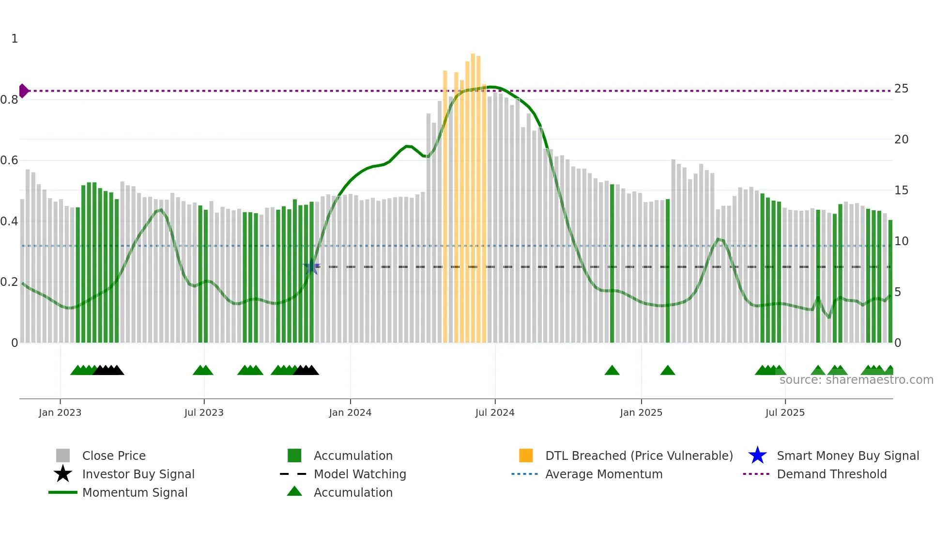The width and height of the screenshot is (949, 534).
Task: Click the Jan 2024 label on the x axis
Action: (x=350, y=413)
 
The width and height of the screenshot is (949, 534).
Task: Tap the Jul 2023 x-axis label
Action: (x=204, y=413)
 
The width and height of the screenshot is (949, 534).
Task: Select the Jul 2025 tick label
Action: (x=785, y=413)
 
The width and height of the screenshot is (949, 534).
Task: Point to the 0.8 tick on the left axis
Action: (x=10, y=100)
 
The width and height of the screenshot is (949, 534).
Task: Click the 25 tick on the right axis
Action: (x=901, y=89)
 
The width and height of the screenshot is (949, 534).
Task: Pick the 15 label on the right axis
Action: (x=901, y=190)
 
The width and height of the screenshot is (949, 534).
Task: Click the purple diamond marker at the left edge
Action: (x=23, y=91)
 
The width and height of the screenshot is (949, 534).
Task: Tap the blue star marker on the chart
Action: (x=311, y=267)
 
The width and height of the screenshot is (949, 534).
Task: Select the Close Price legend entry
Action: (x=113, y=456)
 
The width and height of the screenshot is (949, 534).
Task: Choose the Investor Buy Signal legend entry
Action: (x=138, y=474)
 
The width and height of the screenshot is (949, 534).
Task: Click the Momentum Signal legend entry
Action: (x=135, y=493)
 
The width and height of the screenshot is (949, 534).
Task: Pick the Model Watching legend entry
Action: (x=360, y=474)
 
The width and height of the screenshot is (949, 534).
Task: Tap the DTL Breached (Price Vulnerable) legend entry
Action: (x=639, y=456)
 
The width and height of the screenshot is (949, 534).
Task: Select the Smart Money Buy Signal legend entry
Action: (x=847, y=456)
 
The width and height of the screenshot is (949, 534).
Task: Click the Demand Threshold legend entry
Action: (x=831, y=474)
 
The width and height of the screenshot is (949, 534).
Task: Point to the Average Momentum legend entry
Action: (x=603, y=474)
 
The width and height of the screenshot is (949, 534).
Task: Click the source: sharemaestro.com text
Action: (x=856, y=380)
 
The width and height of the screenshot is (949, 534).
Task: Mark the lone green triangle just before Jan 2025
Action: (x=612, y=371)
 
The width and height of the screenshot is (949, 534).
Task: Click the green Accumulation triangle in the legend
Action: (x=294, y=492)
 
